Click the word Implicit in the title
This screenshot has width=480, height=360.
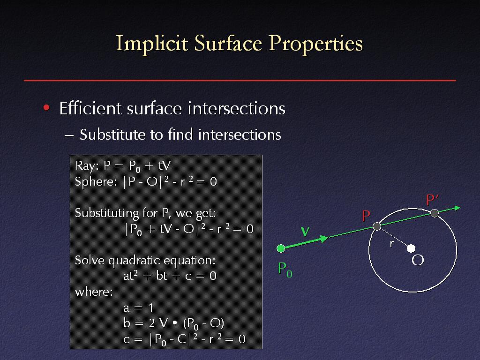152,44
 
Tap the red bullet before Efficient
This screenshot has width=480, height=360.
46,107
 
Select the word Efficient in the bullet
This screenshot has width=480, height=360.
90,108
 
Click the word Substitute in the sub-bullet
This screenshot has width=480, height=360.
112,135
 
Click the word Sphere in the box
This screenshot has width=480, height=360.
94,181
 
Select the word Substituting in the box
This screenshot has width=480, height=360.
107,213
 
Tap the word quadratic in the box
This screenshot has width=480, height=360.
133,261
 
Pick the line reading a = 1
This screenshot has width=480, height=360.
138,307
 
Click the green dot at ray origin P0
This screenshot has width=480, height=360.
281,248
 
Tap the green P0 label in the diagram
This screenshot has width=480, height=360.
285,270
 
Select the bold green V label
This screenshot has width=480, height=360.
305,232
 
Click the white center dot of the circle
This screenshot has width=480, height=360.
411,248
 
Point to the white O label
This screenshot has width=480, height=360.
418,260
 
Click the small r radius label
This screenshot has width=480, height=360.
391,244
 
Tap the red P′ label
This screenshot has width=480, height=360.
432,200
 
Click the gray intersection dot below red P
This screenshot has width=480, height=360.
377,226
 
